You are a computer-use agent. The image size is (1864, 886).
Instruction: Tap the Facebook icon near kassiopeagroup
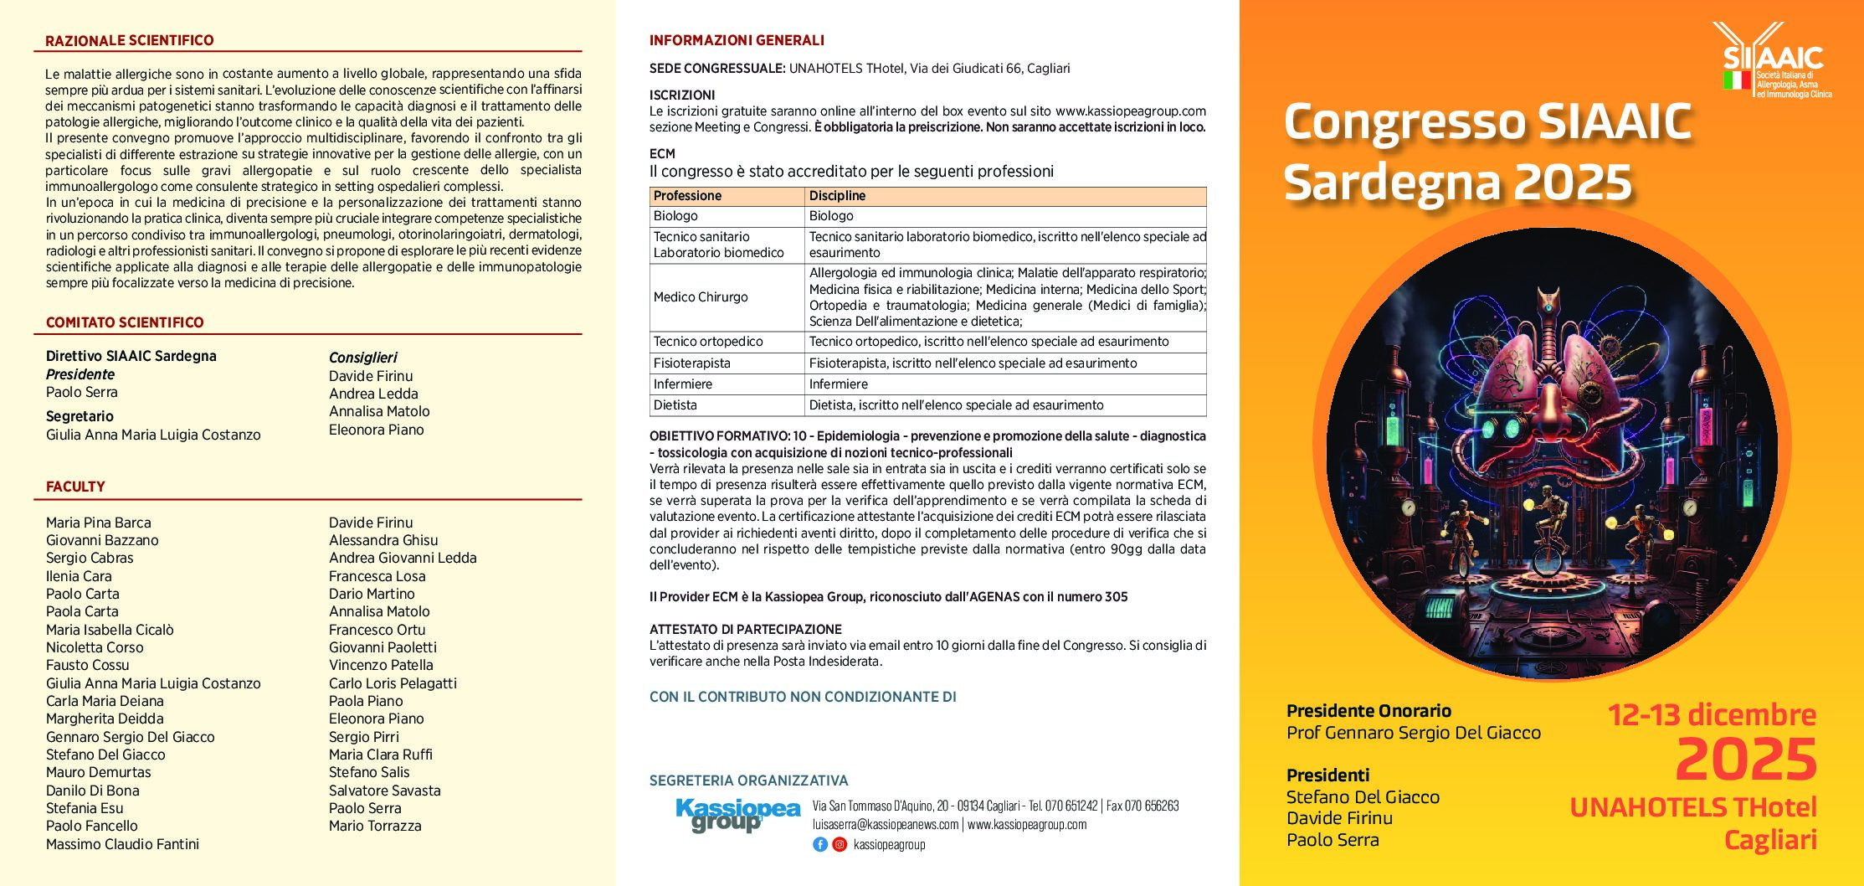(x=820, y=844)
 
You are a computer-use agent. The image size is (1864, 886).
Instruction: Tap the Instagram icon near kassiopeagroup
(x=840, y=844)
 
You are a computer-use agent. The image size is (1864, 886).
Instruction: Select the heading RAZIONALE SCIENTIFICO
(x=130, y=40)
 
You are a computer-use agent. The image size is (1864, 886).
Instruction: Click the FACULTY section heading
(x=75, y=487)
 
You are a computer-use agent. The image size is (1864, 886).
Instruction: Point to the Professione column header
(x=687, y=196)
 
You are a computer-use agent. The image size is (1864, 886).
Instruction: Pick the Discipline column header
(x=837, y=196)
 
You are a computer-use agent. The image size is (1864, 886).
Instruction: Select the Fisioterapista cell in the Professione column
(x=692, y=363)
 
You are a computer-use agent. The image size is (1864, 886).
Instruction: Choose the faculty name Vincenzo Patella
(x=381, y=665)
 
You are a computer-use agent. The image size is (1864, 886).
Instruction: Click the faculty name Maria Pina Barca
(x=99, y=523)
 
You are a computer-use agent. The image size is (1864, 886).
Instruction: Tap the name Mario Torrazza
(x=375, y=826)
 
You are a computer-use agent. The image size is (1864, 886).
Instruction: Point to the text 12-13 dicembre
(x=1712, y=714)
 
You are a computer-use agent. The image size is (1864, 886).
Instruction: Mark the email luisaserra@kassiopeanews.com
(x=886, y=824)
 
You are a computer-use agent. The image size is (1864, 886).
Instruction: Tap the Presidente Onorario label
(x=1368, y=711)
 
